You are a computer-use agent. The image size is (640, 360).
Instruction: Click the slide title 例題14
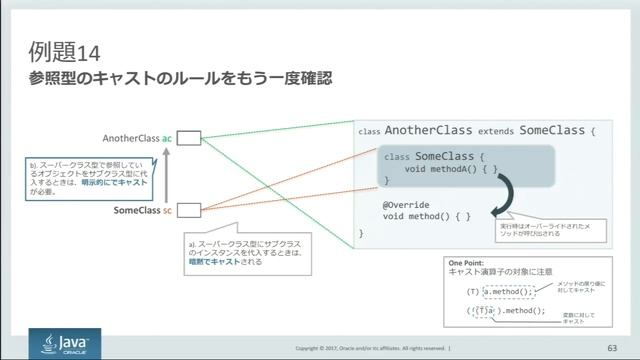[64, 49]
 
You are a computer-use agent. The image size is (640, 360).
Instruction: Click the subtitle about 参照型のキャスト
[181, 78]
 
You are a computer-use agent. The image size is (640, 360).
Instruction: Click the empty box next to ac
[190, 138]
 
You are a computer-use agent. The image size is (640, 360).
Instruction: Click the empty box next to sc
[190, 210]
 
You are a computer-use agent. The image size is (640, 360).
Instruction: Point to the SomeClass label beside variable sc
[137, 210]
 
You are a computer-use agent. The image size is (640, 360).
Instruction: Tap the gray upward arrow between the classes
[168, 174]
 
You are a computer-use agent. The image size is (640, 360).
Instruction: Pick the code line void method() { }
[426, 215]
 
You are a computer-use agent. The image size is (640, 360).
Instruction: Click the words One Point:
[468, 262]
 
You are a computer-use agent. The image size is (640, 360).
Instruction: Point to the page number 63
[612, 347]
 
